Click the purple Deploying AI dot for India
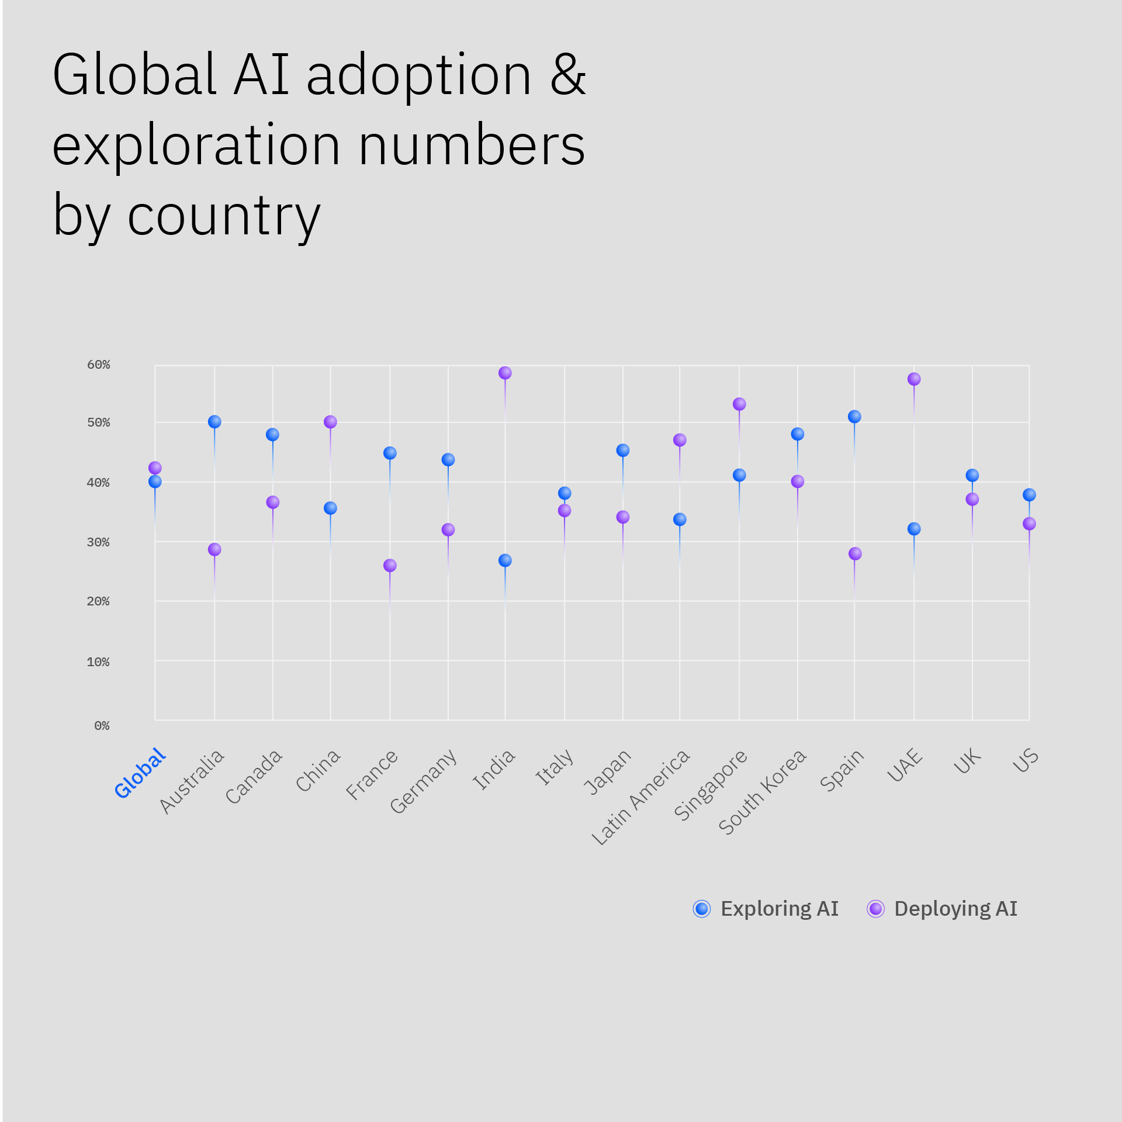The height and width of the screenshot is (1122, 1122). [505, 373]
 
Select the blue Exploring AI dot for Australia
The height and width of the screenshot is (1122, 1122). [214, 422]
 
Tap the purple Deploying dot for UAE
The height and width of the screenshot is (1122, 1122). [914, 379]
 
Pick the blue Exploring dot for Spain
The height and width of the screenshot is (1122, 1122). [854, 417]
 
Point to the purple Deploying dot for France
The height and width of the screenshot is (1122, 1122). [390, 566]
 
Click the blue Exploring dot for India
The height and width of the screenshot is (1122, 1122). [505, 560]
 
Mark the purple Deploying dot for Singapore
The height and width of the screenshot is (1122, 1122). [739, 404]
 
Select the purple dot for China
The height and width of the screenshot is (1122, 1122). [330, 422]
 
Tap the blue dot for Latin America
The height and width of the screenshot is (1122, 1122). [680, 520]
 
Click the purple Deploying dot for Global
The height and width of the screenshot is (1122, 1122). [155, 468]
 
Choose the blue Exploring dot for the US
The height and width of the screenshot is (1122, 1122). [1029, 495]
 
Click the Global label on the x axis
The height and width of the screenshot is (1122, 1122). [140, 773]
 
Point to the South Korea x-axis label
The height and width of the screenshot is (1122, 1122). [763, 792]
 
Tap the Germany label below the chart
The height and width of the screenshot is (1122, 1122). [423, 781]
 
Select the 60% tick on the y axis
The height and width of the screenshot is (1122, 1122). [98, 365]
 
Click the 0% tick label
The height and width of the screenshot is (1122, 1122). [102, 726]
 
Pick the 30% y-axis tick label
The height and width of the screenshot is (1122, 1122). [98, 542]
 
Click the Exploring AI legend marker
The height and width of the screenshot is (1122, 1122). [702, 909]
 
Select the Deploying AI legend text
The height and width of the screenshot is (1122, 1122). [955, 909]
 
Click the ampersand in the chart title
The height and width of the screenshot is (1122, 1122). [567, 75]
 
